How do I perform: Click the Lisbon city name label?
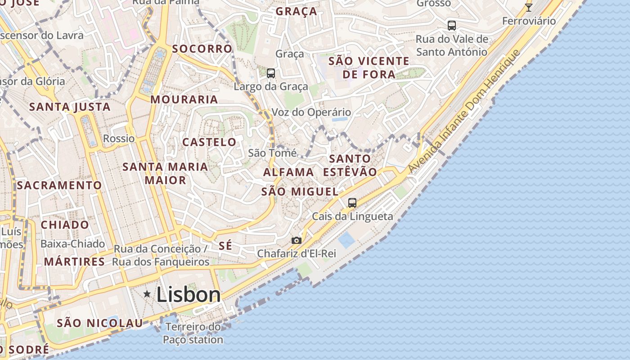tap(189, 295)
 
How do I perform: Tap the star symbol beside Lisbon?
tap(147, 294)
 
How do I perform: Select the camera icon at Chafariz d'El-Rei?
tap(296, 240)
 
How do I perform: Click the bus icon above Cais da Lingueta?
tap(352, 202)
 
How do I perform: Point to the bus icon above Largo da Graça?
tap(270, 73)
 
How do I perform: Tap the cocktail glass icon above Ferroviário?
tap(529, 8)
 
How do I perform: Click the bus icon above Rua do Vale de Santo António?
tap(451, 25)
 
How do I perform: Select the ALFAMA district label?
tap(288, 172)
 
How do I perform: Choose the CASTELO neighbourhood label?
tap(209, 142)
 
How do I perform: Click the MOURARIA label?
tap(184, 99)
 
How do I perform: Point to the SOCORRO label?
tap(202, 49)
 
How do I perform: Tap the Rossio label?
tap(119, 138)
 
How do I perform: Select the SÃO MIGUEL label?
tap(300, 191)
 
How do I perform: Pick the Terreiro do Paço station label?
tap(193, 333)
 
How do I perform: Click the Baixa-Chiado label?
tap(72, 243)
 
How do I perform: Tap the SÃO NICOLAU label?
tap(100, 323)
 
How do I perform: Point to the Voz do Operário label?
tap(311, 112)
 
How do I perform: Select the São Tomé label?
tap(272, 153)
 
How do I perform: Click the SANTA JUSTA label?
tap(70, 107)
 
